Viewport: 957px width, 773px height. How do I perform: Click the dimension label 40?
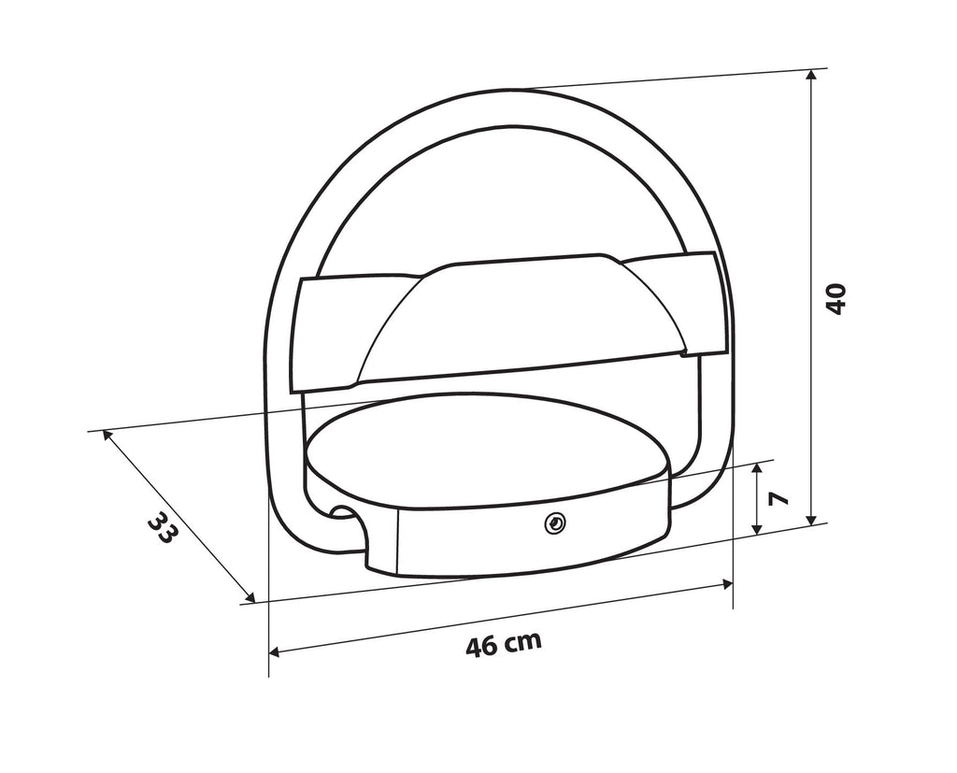(x=836, y=298)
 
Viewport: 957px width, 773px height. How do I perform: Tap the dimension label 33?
(x=163, y=527)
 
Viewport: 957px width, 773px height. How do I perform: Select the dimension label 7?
(x=778, y=497)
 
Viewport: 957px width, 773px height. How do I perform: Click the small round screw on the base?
(x=555, y=523)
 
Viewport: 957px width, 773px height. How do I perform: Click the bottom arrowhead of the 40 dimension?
(x=811, y=519)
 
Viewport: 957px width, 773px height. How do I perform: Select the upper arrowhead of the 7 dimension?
(x=757, y=468)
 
